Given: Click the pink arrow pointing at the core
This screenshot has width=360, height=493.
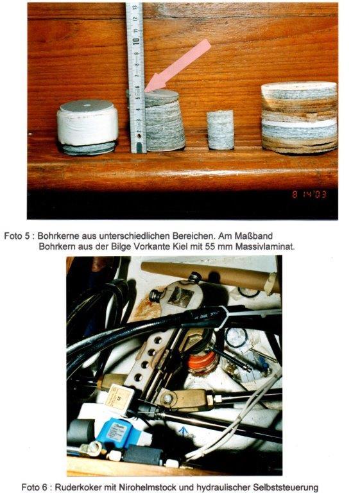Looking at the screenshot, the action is [178, 65].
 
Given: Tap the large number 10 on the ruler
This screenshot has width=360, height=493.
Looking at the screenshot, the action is [137, 42].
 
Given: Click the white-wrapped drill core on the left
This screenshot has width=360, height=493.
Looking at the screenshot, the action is [87, 127].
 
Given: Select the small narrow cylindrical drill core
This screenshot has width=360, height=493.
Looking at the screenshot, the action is [220, 130].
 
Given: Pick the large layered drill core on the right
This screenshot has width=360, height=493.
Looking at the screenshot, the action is [299, 117].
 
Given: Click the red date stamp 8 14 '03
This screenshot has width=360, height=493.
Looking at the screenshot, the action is [309, 195].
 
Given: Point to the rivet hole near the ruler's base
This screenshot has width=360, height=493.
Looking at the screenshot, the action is [139, 137].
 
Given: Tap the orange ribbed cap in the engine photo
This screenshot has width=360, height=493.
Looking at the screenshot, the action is [202, 362].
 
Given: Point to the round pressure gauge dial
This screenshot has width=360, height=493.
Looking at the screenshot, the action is [236, 338].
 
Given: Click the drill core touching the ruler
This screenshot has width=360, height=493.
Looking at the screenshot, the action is [164, 121].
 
